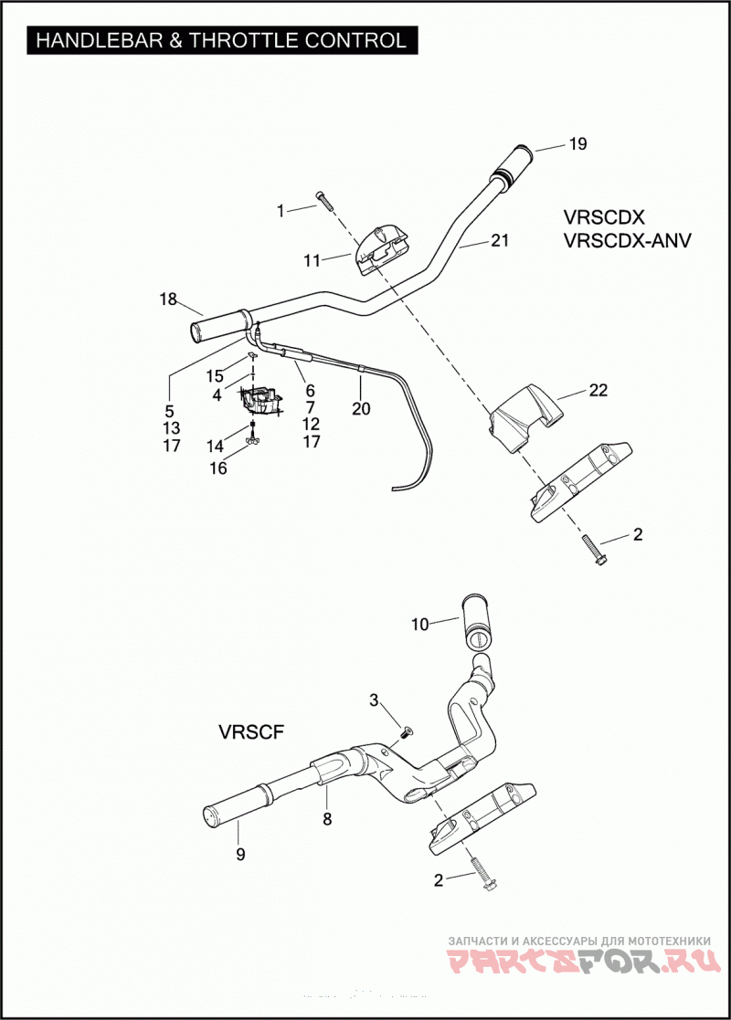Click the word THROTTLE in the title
(242, 40)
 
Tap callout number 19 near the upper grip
(578, 143)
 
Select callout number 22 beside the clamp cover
(599, 390)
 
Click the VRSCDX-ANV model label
(628, 241)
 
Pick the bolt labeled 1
(324, 200)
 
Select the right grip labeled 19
(514, 163)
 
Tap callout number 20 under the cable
(361, 408)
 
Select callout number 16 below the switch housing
(218, 468)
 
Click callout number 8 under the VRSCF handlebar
(327, 819)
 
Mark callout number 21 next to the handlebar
(499, 241)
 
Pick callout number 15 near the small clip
(215, 376)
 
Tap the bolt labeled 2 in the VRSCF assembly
(482, 871)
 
